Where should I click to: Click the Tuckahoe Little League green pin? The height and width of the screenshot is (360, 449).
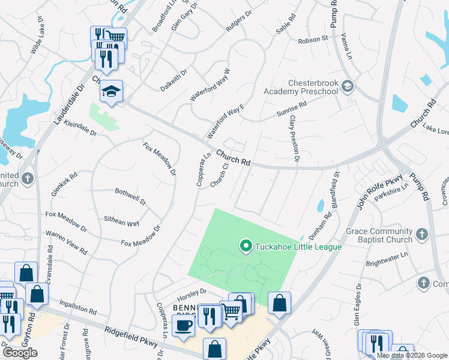(x=245, y=246)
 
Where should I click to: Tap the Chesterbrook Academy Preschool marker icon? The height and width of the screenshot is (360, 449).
(x=348, y=87)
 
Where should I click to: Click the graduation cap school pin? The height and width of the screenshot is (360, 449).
(x=111, y=91)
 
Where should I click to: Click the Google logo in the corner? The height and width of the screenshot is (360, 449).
(x=20, y=353)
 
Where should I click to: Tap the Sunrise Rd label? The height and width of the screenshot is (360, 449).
(x=291, y=108)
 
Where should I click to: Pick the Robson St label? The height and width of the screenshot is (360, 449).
(x=313, y=40)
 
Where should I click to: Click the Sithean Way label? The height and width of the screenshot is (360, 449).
(x=121, y=223)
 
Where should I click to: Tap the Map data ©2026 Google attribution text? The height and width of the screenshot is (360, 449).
(x=412, y=355)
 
